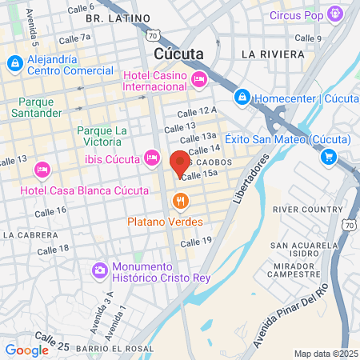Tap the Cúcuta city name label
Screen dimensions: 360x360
coord(177,54)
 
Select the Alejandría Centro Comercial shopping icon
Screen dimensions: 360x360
coord(14,63)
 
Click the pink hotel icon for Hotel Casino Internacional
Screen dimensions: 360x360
coord(199,78)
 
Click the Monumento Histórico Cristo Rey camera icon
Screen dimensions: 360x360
coord(100,270)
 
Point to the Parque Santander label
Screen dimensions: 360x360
coord(40,107)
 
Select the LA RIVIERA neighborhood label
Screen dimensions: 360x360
coord(273,54)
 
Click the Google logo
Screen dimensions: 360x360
coord(26,350)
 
